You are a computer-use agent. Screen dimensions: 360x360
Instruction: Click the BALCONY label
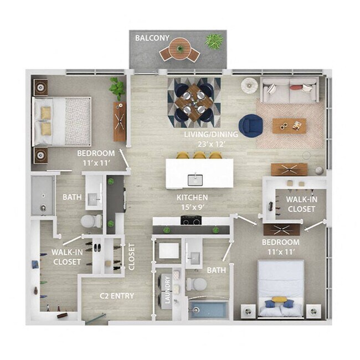[152, 38]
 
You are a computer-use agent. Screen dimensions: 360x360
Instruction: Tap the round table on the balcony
[179, 49]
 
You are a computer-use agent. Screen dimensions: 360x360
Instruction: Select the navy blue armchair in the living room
[251, 126]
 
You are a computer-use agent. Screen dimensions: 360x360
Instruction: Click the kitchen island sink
[195, 180]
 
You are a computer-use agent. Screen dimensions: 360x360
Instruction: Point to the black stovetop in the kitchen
[191, 220]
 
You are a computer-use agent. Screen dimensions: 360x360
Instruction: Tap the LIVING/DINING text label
[211, 135]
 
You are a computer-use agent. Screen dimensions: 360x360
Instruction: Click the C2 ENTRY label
[117, 296]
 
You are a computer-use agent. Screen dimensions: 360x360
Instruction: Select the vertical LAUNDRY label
[167, 290]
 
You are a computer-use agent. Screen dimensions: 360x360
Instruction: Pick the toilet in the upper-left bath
[91, 221]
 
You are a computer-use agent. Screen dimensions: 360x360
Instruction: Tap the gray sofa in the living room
[290, 90]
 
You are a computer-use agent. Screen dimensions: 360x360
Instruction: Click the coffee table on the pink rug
[289, 126]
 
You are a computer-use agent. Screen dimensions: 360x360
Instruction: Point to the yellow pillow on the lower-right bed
[279, 300]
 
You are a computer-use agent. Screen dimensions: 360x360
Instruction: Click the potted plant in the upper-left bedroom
[117, 89]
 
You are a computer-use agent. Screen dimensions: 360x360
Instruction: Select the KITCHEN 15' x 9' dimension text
[192, 202]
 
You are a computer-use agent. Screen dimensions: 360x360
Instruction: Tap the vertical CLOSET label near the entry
[132, 256]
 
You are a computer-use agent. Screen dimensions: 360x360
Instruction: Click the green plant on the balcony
[214, 41]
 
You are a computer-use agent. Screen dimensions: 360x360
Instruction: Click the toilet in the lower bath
[196, 284]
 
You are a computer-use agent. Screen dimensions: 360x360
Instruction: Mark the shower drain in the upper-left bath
[43, 208]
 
